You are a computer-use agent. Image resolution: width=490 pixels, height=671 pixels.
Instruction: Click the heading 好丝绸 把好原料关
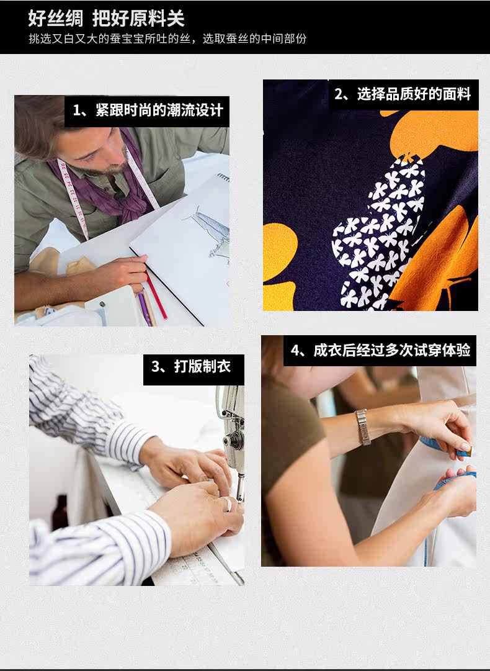pos(106,19)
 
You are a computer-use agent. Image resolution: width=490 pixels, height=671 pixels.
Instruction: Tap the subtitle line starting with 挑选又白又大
pos(167,39)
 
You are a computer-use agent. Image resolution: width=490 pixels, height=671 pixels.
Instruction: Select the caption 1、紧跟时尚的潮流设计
pos(148,110)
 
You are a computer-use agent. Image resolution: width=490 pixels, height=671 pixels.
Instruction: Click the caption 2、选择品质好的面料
pos(403,94)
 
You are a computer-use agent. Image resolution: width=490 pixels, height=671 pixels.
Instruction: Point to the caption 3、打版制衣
pos(191,366)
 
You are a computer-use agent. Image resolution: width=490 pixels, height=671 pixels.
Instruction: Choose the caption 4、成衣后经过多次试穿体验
pos(380,350)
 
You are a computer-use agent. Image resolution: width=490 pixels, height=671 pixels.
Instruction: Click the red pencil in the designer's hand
pos(156,295)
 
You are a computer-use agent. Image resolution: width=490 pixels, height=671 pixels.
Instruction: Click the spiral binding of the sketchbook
pos(224,177)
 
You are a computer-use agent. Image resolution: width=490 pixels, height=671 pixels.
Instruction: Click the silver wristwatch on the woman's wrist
pos(363,427)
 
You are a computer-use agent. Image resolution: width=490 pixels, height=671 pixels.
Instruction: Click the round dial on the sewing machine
pos(234,441)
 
